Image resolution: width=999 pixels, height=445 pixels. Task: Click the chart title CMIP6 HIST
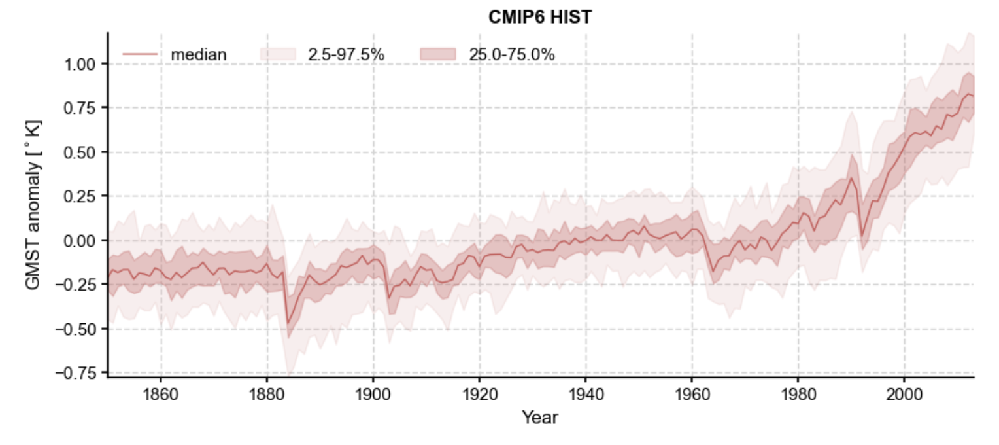539,18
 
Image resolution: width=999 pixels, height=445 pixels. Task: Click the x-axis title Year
539,418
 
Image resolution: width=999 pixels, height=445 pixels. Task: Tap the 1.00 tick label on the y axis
78,64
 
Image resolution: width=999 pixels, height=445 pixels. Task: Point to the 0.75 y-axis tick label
78,108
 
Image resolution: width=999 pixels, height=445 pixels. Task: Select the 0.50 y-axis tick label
78,152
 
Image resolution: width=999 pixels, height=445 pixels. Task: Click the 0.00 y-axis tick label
78,241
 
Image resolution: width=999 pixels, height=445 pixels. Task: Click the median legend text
199,55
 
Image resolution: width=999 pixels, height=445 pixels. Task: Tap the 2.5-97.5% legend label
346,55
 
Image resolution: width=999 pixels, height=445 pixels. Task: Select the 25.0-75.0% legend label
511,55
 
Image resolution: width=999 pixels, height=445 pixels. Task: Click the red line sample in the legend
140,55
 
